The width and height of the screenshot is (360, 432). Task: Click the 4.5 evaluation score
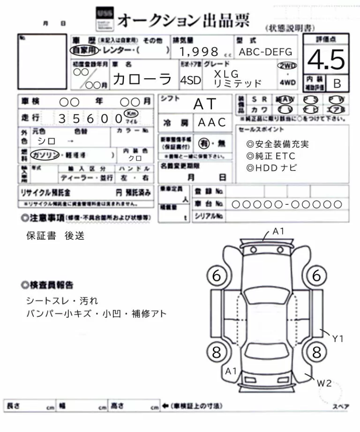326,60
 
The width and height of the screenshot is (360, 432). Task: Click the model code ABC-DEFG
265,52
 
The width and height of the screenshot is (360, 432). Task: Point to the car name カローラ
142,79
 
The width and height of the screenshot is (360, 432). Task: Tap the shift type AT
204,104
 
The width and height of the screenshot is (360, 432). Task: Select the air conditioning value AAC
212,122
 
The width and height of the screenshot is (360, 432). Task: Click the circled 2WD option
287,66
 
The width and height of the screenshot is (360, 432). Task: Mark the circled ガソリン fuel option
45,154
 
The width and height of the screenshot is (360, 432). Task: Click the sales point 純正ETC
272,156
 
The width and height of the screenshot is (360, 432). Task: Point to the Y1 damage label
338,338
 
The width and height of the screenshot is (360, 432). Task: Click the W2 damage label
324,383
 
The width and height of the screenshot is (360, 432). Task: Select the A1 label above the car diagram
279,231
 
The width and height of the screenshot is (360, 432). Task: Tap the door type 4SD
190,80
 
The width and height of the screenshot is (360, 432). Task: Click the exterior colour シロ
46,141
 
